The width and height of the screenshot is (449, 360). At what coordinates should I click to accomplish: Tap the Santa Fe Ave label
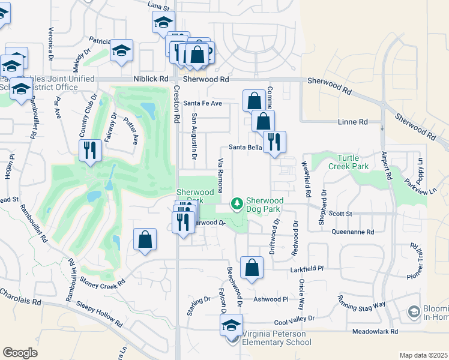[202, 103]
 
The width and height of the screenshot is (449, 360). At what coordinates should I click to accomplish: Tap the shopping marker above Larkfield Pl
[252, 267]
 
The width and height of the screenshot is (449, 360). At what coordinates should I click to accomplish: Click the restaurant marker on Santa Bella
[274, 142]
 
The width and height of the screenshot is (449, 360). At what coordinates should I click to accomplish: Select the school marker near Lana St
[163, 22]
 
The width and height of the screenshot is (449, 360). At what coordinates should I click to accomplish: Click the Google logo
[20, 353]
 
